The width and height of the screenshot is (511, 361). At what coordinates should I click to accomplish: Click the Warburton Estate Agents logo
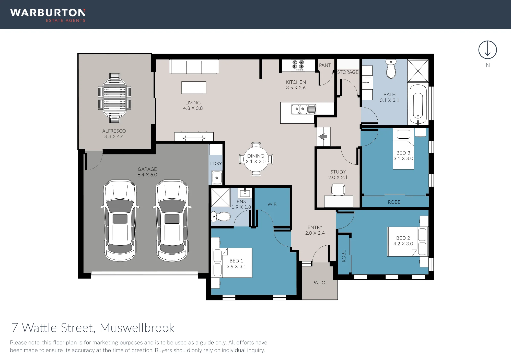tap(48, 15)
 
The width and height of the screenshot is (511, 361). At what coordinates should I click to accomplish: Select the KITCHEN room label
tap(296, 82)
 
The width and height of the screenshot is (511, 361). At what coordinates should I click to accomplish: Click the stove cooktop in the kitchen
tap(298, 65)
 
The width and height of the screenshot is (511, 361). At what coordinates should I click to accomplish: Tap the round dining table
tap(256, 159)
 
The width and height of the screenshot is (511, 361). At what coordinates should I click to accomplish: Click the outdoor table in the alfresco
tap(114, 98)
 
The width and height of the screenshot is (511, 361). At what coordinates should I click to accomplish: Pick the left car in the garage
tap(120, 221)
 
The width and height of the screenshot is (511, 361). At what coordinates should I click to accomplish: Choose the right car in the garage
tap(172, 221)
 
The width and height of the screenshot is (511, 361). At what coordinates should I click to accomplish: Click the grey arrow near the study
tap(323, 137)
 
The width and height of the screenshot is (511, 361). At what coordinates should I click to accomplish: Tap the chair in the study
tap(338, 189)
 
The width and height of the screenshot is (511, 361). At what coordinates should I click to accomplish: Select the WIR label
tap(272, 204)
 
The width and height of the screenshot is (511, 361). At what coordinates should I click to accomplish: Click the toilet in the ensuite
tap(220, 217)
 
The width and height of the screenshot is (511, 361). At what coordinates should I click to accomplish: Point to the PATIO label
tap(319, 283)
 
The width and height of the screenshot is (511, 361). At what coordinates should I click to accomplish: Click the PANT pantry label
tap(325, 65)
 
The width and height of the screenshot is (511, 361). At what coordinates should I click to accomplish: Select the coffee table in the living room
tap(194, 88)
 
